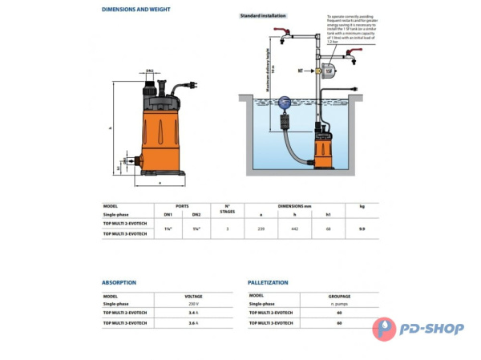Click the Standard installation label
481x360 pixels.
tap(263, 15)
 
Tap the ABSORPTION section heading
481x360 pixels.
tap(119, 282)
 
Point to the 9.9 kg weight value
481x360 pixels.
tap(362, 229)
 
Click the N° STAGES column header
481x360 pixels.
tap(227, 209)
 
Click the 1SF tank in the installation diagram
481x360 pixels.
tap(330, 71)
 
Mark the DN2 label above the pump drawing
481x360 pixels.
tap(149, 73)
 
